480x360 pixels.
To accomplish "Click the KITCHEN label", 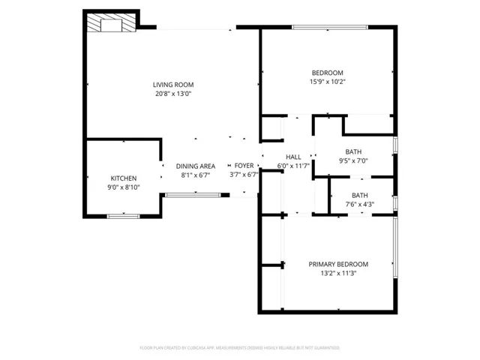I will (x=124, y=178).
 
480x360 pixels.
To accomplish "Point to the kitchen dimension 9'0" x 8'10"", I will (x=124, y=187).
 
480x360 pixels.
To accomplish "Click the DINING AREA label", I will (x=196, y=166).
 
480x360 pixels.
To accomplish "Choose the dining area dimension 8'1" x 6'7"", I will (x=196, y=175).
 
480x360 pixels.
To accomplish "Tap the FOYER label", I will (x=244, y=166).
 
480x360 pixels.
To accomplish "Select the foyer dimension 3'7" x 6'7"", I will (x=244, y=175).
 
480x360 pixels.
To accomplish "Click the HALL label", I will (x=293, y=157).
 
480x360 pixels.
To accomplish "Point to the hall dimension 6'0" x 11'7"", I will (x=293, y=166).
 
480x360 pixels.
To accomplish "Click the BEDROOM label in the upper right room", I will (x=327, y=73).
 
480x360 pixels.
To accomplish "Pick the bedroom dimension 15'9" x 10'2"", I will (x=327, y=82).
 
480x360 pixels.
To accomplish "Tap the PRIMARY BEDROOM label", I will (x=338, y=264).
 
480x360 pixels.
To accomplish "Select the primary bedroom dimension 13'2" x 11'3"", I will (x=338, y=274).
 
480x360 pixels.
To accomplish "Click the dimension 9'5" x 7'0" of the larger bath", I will (x=353, y=160).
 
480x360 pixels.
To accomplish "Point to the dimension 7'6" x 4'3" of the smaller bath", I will (x=359, y=204).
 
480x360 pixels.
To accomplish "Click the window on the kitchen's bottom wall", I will (x=123, y=216).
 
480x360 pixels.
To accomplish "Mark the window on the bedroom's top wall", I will (x=330, y=28).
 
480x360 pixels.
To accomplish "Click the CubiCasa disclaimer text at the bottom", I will (x=240, y=348).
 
